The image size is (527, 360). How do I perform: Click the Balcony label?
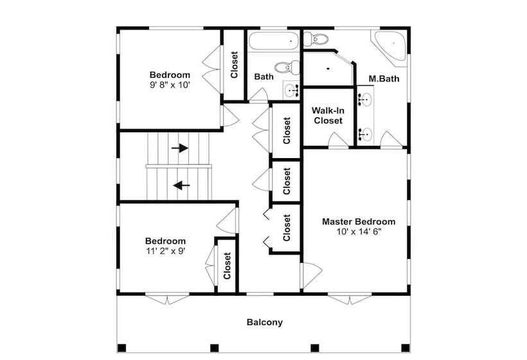(265, 322)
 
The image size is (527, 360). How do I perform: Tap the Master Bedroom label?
(359, 222)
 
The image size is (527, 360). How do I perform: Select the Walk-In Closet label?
(328, 115)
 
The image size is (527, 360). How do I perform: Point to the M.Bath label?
(384, 78)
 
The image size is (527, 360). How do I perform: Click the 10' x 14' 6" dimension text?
(359, 231)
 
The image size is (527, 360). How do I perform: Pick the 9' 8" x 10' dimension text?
(170, 85)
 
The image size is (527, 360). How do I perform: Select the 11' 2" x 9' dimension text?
(165, 251)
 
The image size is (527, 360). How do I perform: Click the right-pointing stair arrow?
(179, 148)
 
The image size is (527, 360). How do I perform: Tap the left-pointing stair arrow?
(181, 185)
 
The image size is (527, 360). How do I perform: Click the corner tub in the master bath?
(390, 46)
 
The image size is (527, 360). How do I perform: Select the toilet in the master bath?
(316, 39)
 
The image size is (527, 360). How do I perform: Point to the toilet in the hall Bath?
(287, 67)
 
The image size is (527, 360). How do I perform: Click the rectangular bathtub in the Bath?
(274, 41)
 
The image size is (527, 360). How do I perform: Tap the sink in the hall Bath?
(291, 90)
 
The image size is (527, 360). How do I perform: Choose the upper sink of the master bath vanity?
(365, 100)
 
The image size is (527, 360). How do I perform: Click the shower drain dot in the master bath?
(328, 69)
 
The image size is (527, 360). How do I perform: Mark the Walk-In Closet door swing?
(338, 139)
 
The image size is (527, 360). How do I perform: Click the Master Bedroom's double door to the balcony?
(350, 299)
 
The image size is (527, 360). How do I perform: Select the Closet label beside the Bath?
(235, 65)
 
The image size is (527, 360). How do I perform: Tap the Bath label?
(264, 76)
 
